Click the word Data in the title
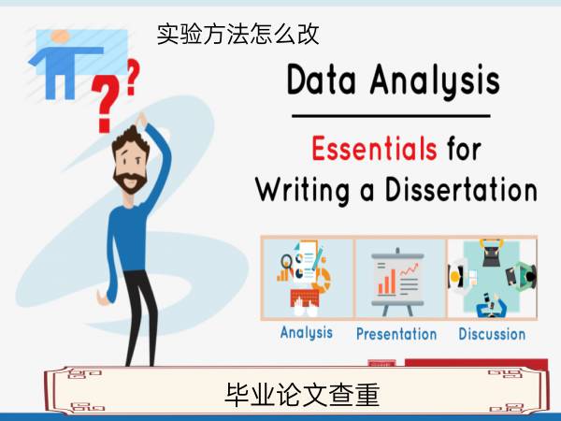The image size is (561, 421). (x=322, y=80)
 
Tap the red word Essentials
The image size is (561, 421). (x=374, y=148)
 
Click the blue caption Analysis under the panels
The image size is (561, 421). (x=307, y=332)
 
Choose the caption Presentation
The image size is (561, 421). (x=396, y=334)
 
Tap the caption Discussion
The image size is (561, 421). (x=492, y=334)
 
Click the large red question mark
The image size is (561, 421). (x=105, y=104)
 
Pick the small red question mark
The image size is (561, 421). (x=133, y=77)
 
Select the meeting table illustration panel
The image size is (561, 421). (x=492, y=278)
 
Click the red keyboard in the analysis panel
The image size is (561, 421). (x=305, y=298)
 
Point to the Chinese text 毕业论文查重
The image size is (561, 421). (x=302, y=395)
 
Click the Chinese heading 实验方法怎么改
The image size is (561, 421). (x=237, y=35)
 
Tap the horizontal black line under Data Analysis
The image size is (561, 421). (x=391, y=116)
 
